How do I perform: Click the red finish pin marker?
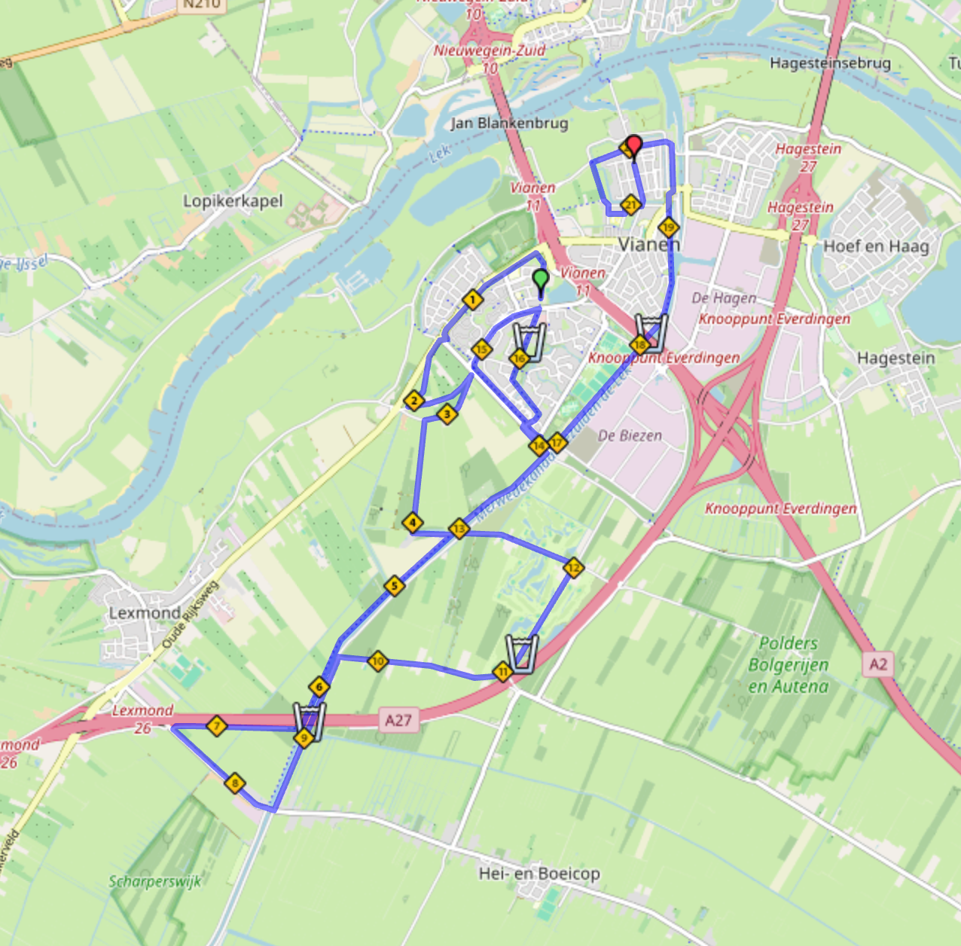point(634,145)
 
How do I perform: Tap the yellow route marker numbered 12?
point(574,568)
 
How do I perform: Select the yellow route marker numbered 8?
point(235,783)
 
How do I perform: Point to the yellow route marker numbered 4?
point(412,522)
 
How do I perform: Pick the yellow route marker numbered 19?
point(669,227)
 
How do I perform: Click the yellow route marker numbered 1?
point(472,300)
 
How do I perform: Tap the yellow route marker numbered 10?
point(378,661)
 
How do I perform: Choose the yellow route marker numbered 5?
point(394,585)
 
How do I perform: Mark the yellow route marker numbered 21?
point(630,204)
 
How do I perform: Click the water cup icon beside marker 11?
point(521,652)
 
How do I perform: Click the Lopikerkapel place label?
point(233,201)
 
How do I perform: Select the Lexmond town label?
point(145,613)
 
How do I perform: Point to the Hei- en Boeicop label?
point(539,874)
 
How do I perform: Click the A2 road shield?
point(878,664)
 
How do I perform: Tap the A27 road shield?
point(398,720)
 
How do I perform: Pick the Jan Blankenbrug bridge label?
point(509,123)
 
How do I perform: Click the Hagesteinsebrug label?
point(830,63)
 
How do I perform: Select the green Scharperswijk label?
point(155,881)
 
